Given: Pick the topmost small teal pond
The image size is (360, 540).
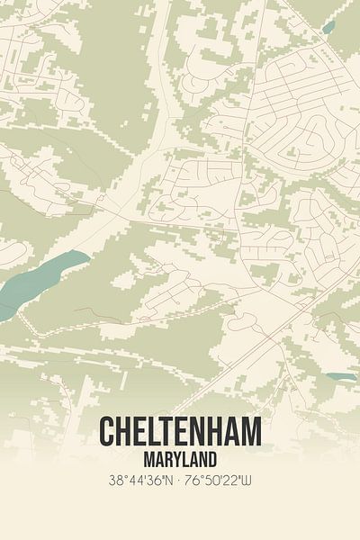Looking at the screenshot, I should click(x=328, y=27).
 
